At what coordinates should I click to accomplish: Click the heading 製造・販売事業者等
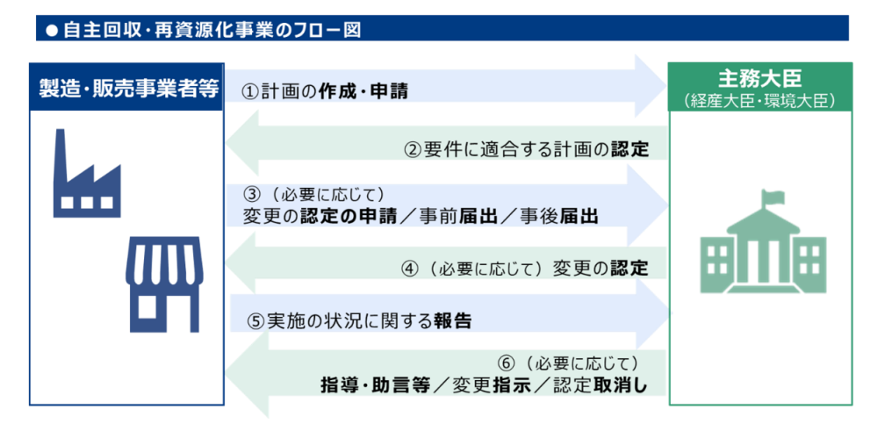pyautogui.click(x=128, y=87)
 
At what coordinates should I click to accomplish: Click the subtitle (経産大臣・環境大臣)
pyautogui.click(x=760, y=100)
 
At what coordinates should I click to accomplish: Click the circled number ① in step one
pyautogui.click(x=250, y=91)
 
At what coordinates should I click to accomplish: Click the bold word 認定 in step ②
pyautogui.click(x=630, y=149)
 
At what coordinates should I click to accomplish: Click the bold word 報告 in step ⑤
pyautogui.click(x=453, y=321)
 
